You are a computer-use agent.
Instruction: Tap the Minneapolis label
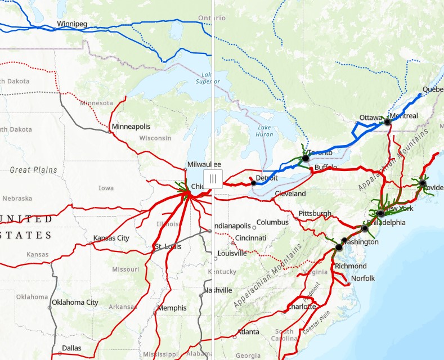(131, 127)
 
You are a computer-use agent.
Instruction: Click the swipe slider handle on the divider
(213, 179)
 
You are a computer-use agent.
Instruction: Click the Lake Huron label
(264, 130)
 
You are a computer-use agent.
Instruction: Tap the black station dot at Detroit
(254, 183)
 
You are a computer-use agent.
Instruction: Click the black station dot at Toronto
(306, 159)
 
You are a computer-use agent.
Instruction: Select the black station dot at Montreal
(387, 121)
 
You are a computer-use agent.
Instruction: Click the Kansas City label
(111, 238)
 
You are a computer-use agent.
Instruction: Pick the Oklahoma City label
(75, 302)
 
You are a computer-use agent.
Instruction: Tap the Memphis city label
(172, 308)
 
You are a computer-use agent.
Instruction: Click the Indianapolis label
(232, 226)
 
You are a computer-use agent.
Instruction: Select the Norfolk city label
(362, 278)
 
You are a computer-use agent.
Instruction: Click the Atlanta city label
(248, 332)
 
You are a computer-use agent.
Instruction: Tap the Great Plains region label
(34, 170)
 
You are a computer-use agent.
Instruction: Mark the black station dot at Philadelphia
(365, 228)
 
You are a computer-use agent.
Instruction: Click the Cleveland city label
(290, 193)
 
